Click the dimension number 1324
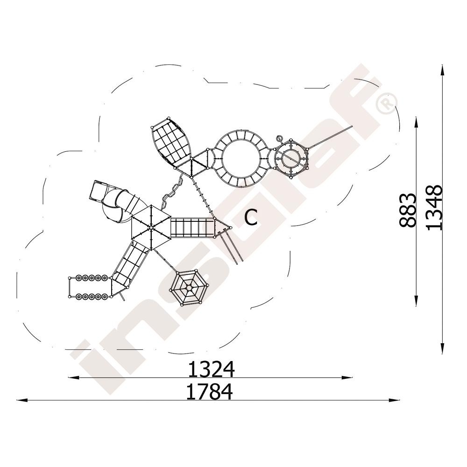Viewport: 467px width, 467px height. pos(211,369)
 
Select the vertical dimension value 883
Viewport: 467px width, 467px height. pos(407,211)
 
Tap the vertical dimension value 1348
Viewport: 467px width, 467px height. pos(434,208)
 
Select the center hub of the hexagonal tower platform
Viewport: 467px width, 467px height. pos(151,228)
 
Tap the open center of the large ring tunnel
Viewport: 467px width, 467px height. pos(241,159)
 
